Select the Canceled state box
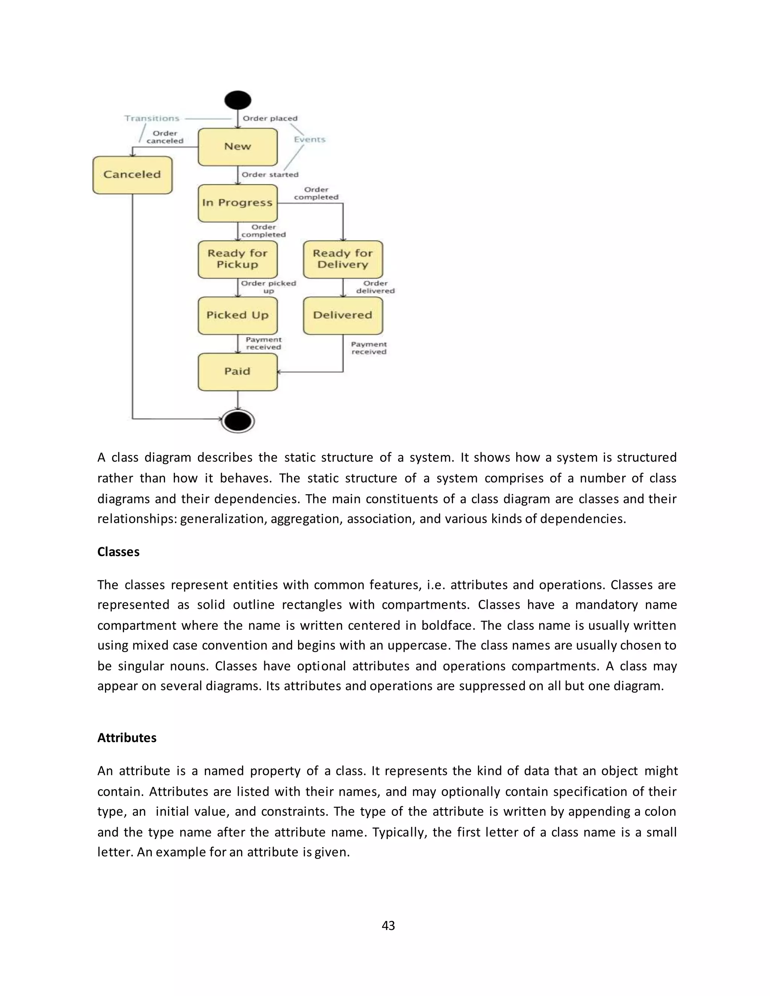(x=132, y=175)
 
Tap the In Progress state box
(x=238, y=203)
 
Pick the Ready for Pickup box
(x=238, y=259)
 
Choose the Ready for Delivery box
(x=343, y=259)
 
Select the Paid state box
(x=238, y=372)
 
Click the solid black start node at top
(x=238, y=100)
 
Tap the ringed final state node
(x=238, y=421)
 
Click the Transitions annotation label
(x=152, y=118)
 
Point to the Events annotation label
(x=310, y=139)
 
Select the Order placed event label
(x=270, y=118)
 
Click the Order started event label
(x=270, y=175)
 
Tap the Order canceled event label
(x=165, y=137)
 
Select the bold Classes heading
(x=118, y=552)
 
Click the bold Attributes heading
(x=127, y=738)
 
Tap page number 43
(x=388, y=925)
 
